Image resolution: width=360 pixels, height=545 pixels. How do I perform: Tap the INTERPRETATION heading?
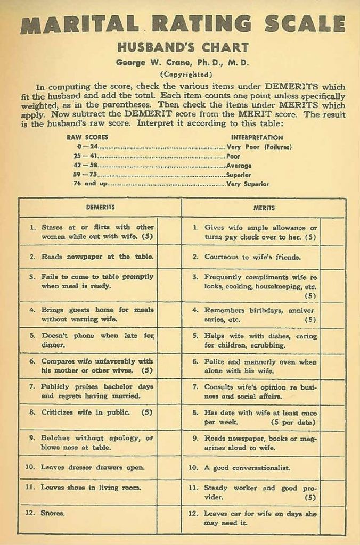click(x=257, y=137)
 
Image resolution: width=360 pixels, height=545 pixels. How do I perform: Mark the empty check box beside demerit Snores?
click(x=169, y=519)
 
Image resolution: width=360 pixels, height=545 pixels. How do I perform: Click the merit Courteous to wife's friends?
click(x=252, y=257)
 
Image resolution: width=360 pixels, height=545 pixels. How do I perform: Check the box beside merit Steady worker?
click(x=332, y=492)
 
